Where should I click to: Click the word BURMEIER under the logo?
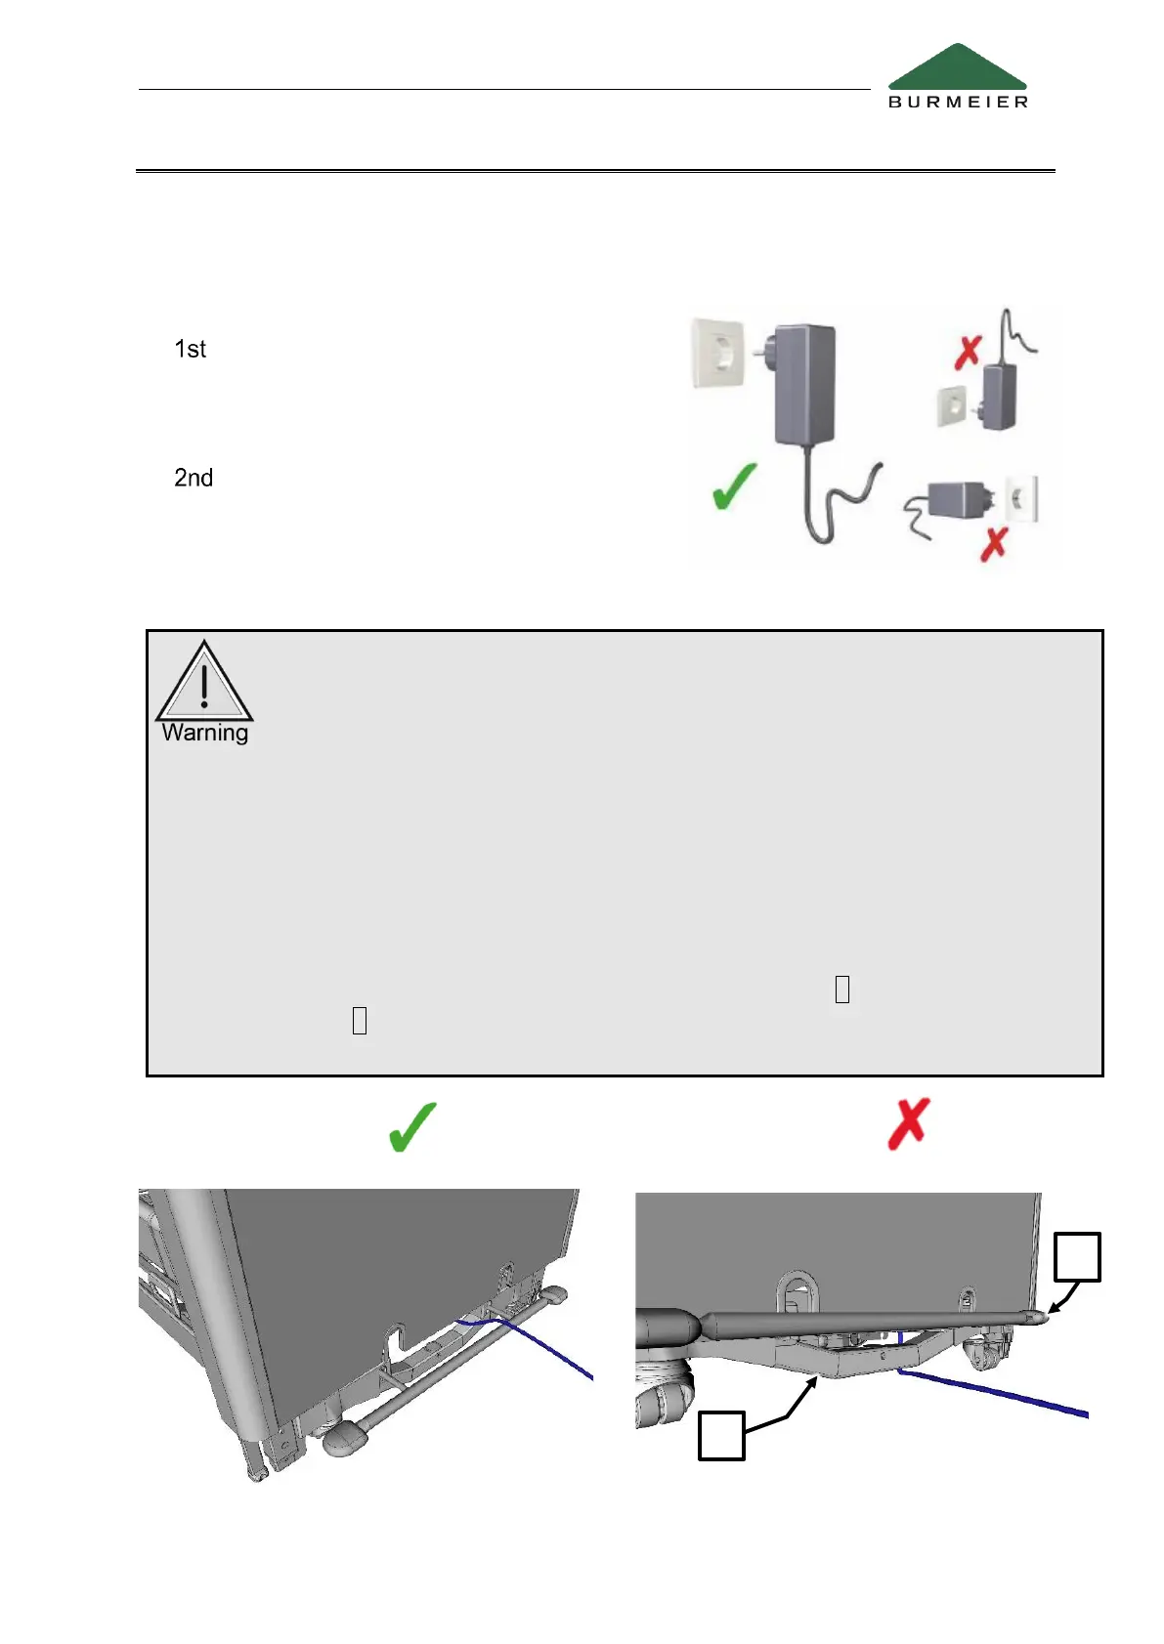point(958,102)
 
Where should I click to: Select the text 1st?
point(190,350)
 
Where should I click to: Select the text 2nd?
point(194,478)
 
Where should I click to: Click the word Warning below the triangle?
point(205,733)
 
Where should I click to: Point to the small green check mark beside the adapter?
point(734,485)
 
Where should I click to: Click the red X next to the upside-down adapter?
point(968,353)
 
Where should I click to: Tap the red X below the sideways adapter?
point(994,544)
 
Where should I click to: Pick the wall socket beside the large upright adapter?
point(718,354)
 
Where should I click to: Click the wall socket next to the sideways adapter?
point(1021,499)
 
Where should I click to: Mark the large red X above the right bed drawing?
point(908,1124)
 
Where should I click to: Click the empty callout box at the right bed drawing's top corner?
point(1077,1257)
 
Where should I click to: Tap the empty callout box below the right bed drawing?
point(721,1436)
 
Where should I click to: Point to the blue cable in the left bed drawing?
point(547,1347)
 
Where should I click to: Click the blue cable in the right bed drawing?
point(997,1391)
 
